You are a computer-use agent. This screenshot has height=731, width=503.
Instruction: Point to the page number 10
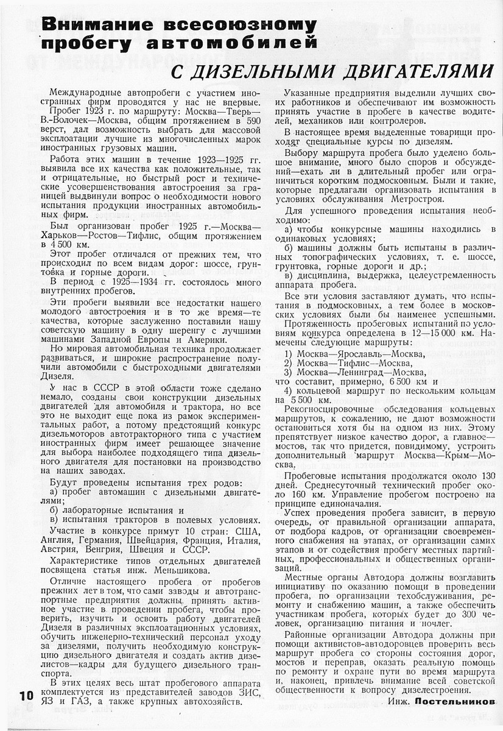(x=26, y=696)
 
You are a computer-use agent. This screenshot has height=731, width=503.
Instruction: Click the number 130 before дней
(x=487, y=476)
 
